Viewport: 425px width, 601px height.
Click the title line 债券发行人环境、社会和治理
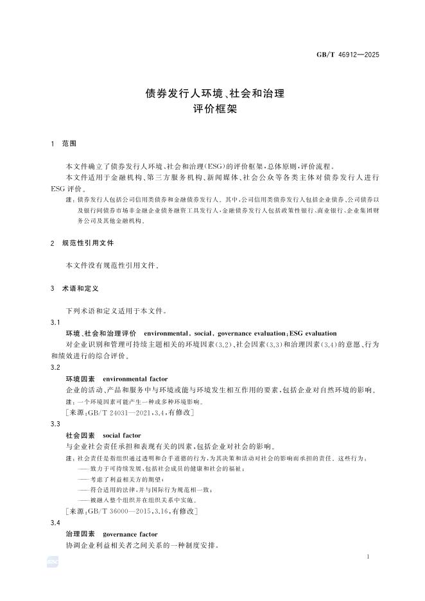212,93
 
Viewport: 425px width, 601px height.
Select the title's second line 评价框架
212,109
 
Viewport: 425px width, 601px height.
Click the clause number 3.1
55,322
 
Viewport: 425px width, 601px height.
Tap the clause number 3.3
55,424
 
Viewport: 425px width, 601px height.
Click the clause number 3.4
55,523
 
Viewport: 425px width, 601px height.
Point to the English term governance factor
130,534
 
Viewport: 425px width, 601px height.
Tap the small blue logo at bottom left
53,562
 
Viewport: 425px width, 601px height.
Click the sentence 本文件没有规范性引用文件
112,265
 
